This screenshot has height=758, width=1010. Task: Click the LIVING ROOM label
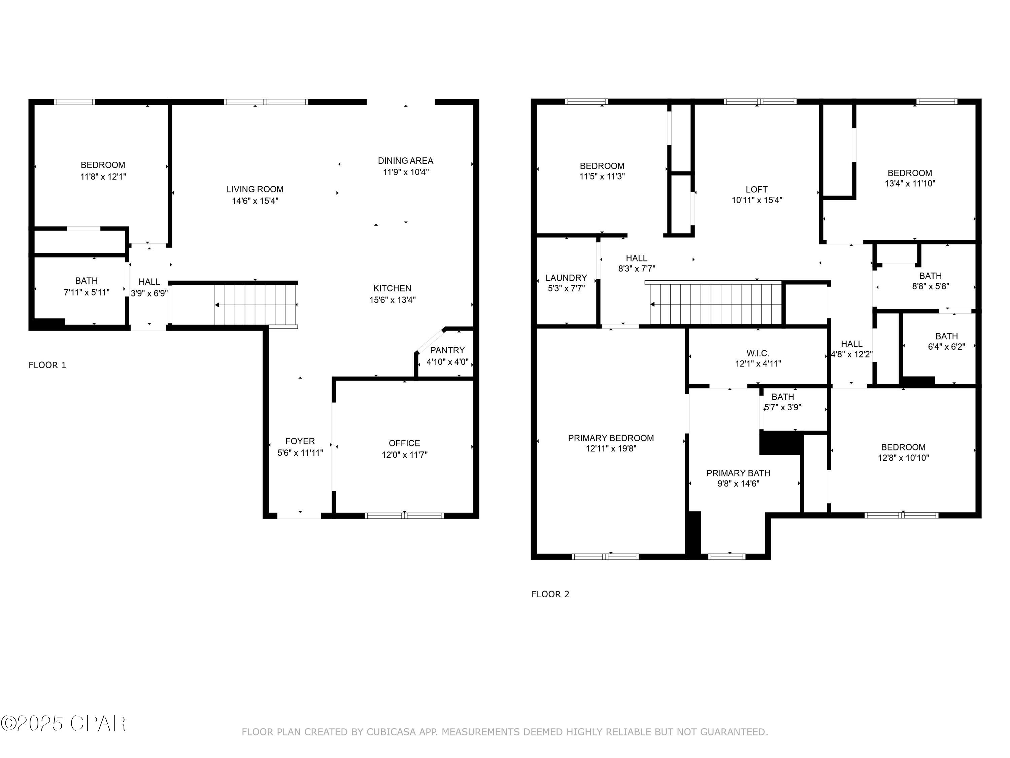[255, 189]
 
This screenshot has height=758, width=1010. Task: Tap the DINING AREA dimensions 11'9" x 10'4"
[405, 172]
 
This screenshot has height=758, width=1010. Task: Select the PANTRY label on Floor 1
[447, 350]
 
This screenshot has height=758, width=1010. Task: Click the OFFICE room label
[404, 443]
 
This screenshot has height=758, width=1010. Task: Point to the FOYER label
[300, 441]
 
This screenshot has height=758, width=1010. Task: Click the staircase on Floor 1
[256, 304]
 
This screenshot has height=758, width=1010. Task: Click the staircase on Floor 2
[715, 304]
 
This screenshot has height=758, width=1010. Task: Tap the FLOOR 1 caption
[47, 365]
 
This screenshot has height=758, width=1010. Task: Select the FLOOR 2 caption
[550, 594]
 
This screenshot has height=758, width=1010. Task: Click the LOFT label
[756, 189]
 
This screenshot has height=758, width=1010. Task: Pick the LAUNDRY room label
[566, 278]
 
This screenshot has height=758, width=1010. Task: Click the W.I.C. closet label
[758, 353]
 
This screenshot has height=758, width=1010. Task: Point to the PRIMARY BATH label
[738, 473]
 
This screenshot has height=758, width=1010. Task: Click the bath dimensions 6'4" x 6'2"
[946, 347]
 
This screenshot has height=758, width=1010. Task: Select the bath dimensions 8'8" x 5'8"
[930, 286]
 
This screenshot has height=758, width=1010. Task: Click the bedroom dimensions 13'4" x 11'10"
[910, 184]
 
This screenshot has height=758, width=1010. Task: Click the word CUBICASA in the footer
[391, 732]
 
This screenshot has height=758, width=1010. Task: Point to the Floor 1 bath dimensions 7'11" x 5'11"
[86, 292]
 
